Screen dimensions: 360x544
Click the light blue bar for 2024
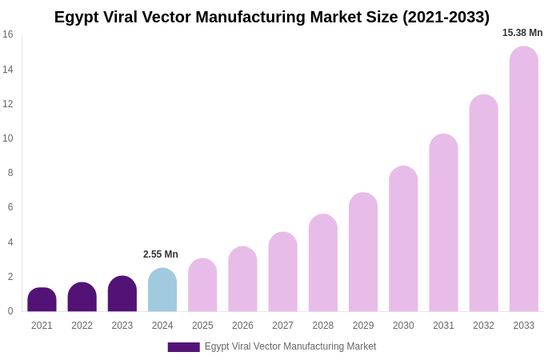[x=162, y=290]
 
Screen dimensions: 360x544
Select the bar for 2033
[x=524, y=180]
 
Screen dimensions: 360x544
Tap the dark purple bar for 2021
[x=42, y=300]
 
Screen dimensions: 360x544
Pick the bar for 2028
[x=323, y=263]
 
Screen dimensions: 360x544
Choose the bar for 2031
[x=443, y=223]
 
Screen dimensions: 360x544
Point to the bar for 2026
[x=242, y=279]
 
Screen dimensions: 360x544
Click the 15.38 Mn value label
[x=522, y=33]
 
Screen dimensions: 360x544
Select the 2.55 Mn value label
[x=161, y=254]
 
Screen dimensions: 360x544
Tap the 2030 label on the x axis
[x=403, y=326]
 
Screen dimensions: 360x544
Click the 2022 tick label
[x=82, y=326]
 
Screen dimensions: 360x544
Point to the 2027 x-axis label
[x=282, y=326]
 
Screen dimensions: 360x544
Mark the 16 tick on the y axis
[x=8, y=34]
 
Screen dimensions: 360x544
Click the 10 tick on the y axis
[x=8, y=138]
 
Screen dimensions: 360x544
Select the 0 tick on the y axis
[x=10, y=311]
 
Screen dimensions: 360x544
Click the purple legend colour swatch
[x=183, y=347]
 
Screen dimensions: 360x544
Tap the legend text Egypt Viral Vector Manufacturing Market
[x=290, y=346]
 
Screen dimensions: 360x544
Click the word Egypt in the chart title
[x=77, y=17]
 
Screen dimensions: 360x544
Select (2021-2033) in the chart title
[x=446, y=17]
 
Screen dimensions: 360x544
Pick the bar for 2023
[x=122, y=294]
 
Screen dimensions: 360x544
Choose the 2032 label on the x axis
[x=483, y=326]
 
